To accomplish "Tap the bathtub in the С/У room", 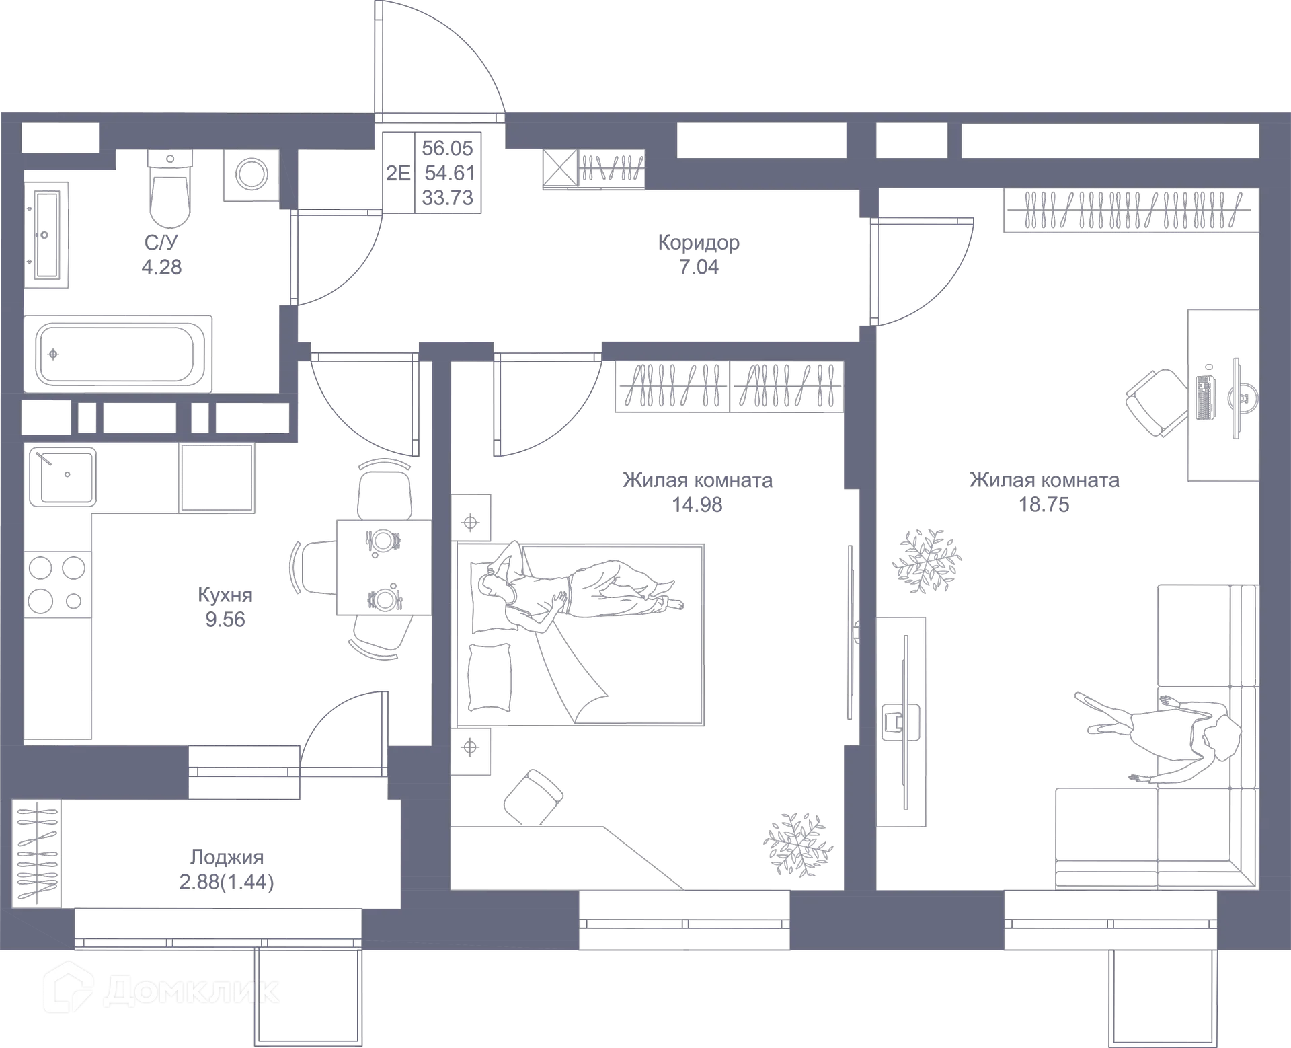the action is (x=118, y=354).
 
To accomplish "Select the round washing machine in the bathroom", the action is (x=251, y=175).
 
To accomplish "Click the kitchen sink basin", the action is (x=63, y=476).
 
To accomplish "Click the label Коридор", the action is (x=699, y=242).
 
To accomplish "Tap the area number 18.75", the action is (x=1044, y=504).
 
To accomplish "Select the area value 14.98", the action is (x=697, y=504).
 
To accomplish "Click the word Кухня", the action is (x=225, y=595).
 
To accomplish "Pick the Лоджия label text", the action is (x=227, y=858).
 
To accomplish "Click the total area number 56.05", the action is (x=448, y=148).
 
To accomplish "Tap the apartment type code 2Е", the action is (x=398, y=173).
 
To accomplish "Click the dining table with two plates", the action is (x=384, y=568).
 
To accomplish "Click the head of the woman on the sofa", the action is (x=1222, y=736).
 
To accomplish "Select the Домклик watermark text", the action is (x=192, y=991).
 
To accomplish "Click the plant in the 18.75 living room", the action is (x=927, y=560).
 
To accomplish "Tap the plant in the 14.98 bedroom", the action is (x=798, y=844).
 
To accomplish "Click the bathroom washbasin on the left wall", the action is (x=46, y=235).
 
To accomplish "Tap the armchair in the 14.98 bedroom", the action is (x=533, y=797).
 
